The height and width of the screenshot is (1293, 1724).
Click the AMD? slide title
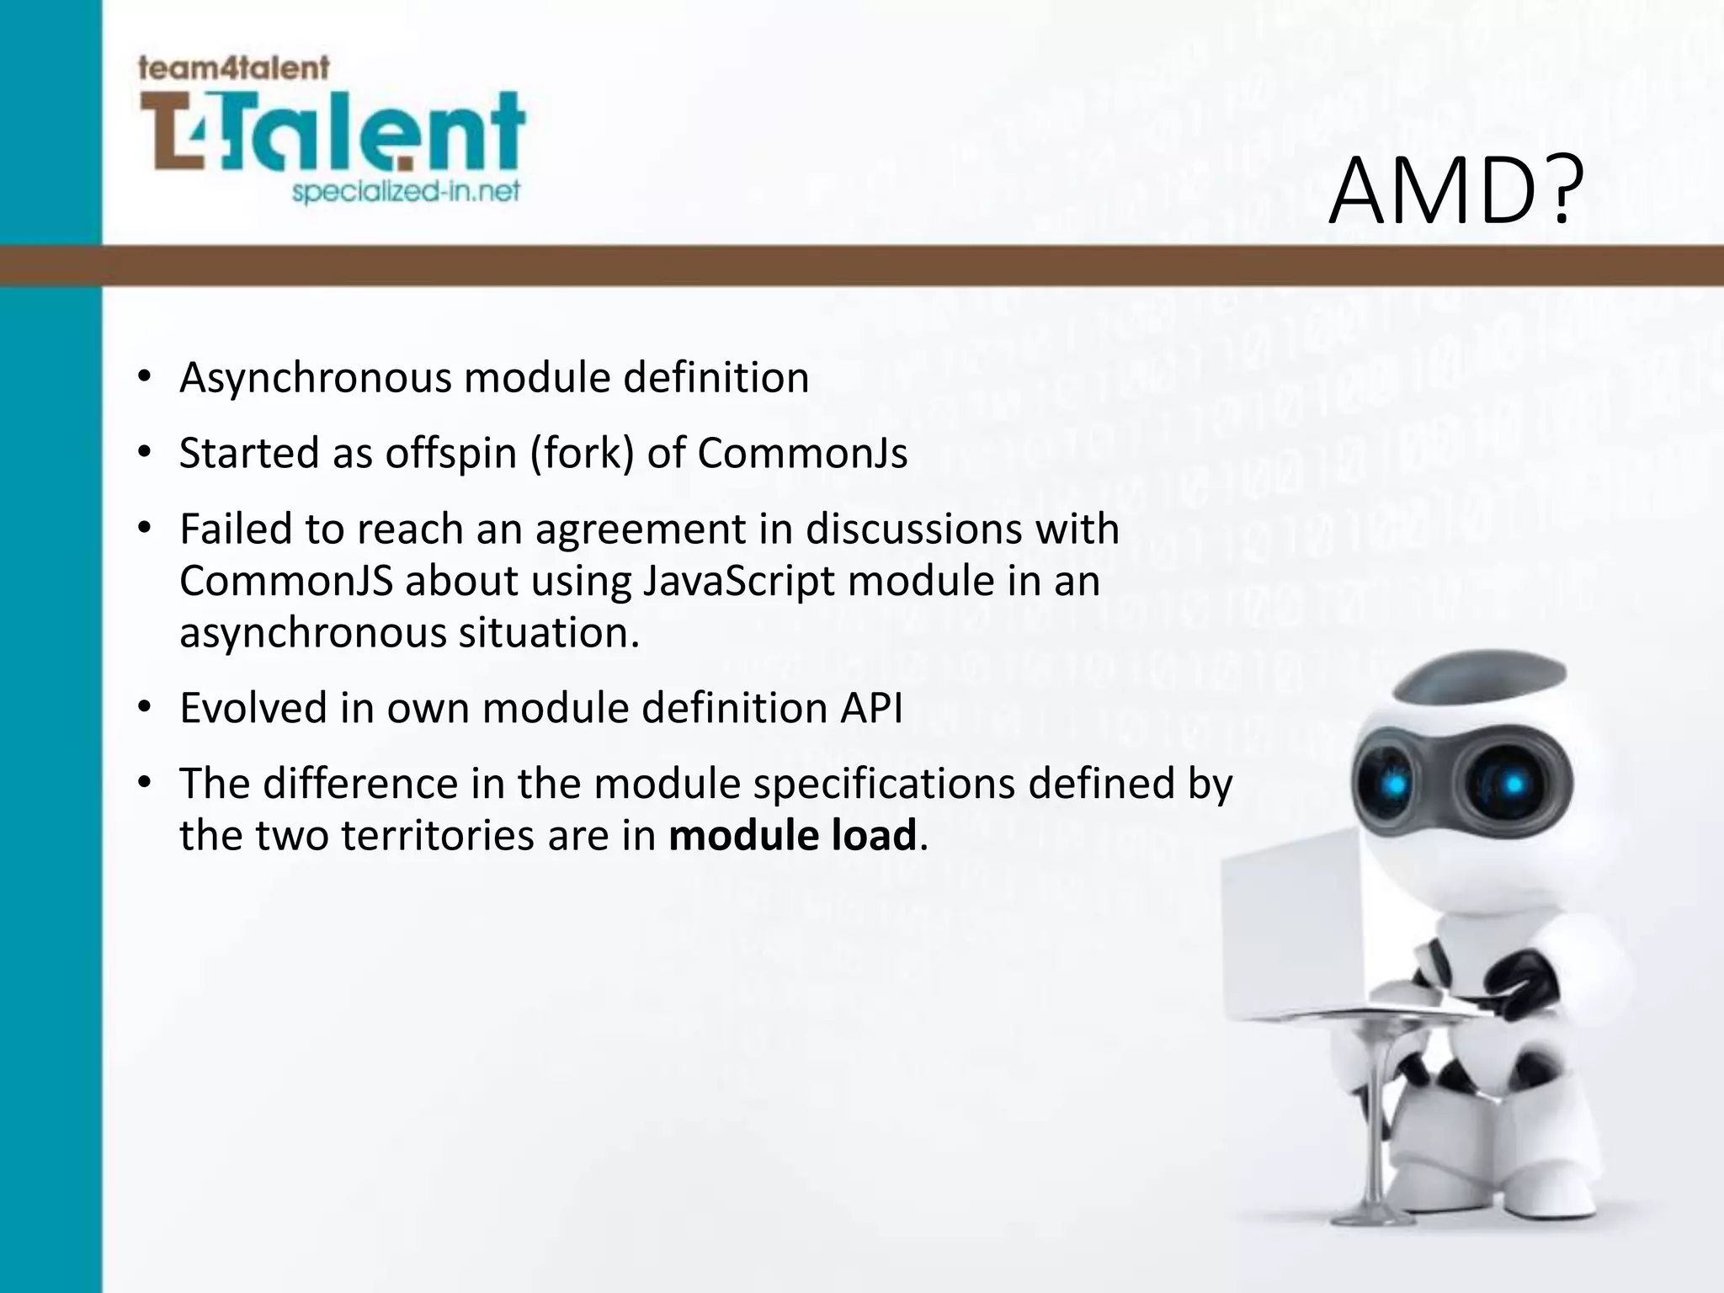click(1455, 194)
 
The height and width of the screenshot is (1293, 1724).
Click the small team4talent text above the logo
click(233, 67)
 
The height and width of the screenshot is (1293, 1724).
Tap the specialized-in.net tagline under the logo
click(406, 192)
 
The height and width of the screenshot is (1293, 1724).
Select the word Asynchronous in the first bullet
click(316, 378)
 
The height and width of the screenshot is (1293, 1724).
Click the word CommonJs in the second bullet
click(802, 454)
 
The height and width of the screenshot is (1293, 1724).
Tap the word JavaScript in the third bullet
click(737, 582)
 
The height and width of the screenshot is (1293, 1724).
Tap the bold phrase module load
click(792, 836)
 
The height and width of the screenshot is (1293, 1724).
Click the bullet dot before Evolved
click(145, 708)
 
